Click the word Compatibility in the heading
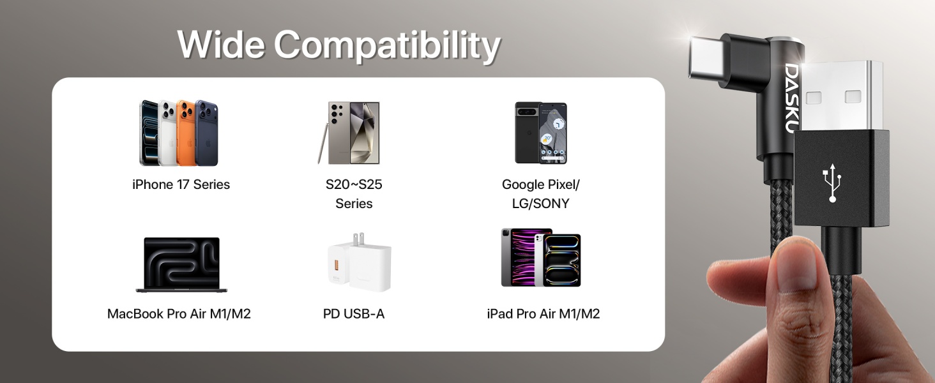tap(387, 46)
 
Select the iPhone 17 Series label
tap(181, 184)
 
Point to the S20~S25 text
tap(354, 184)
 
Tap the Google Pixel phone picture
tap(541, 133)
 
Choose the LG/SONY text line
tap(540, 204)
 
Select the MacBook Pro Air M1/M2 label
tap(179, 314)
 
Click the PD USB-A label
tap(354, 314)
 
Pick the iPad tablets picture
tap(541, 258)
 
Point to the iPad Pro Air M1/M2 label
tap(543, 314)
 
